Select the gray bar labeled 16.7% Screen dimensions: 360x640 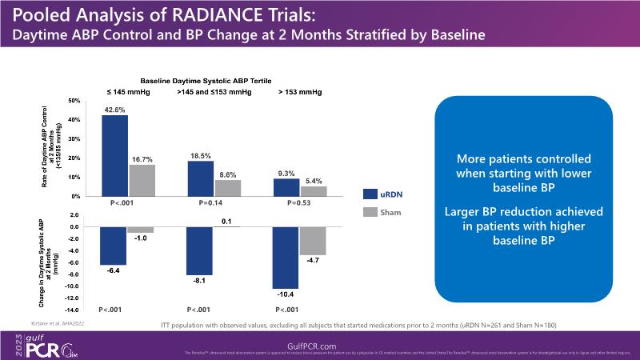(141, 180)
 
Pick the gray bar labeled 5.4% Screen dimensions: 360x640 (313, 191)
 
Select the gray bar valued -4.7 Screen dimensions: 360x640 (313, 241)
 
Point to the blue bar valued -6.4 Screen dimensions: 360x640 (114, 246)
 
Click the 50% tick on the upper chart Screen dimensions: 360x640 (74, 101)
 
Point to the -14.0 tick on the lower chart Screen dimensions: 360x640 (72, 310)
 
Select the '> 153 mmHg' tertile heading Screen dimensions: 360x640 (300, 92)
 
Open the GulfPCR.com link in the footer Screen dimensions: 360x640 (320, 344)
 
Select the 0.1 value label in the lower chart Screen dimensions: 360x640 (226, 221)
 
